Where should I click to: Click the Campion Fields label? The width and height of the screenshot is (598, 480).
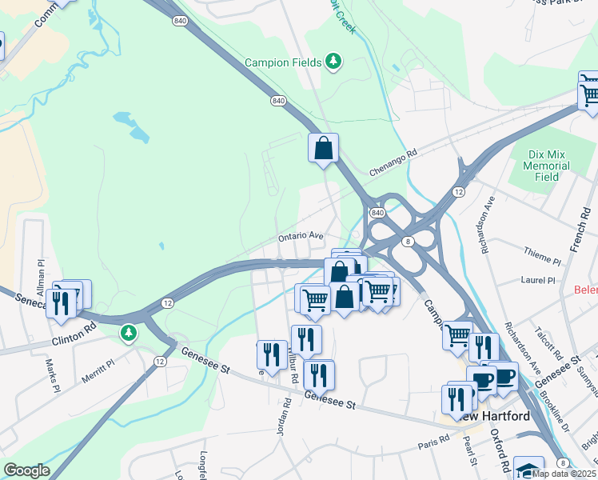(284, 62)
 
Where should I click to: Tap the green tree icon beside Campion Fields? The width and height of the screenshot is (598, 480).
(335, 62)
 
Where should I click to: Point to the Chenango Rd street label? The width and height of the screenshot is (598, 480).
(394, 162)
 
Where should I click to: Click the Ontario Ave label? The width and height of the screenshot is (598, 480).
(301, 237)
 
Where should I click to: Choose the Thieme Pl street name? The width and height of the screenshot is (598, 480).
(540, 258)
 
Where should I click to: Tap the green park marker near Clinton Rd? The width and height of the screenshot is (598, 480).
(128, 331)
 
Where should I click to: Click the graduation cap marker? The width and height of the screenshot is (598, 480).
(528, 469)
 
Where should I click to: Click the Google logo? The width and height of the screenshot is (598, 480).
(26, 470)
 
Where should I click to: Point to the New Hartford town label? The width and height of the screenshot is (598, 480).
(496, 416)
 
